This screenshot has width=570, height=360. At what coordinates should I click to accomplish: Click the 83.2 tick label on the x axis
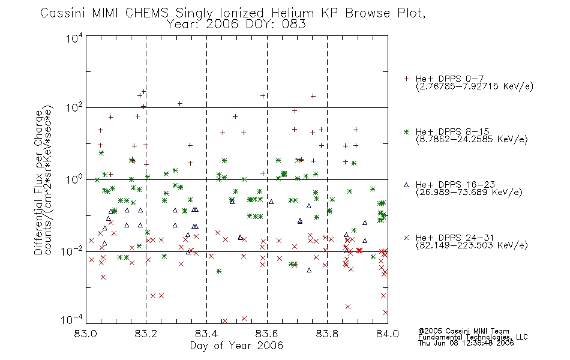tap(146, 334)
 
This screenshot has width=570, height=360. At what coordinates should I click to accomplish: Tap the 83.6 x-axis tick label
tap(267, 334)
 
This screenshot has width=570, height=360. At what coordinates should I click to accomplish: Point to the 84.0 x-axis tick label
tap(388, 334)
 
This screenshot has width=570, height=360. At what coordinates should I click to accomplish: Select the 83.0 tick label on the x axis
tap(86, 334)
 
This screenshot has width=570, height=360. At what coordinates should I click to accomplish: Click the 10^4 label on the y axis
tap(74, 38)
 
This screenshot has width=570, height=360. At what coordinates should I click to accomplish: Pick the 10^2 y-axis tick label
tap(74, 107)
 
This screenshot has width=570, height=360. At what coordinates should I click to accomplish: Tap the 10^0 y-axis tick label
tap(74, 179)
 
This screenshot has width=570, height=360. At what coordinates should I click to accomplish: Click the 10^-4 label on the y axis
tap(72, 320)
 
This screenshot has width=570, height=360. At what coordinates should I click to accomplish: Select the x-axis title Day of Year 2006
tap(236, 346)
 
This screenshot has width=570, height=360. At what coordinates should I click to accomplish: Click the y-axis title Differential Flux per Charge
tap(38, 182)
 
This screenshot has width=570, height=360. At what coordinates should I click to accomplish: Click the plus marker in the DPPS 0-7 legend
tap(407, 79)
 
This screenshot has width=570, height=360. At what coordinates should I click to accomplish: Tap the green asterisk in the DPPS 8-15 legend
tap(407, 131)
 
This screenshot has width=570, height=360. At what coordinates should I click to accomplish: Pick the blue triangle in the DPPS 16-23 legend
tap(407, 185)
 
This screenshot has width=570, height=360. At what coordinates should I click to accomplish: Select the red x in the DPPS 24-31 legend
tap(407, 238)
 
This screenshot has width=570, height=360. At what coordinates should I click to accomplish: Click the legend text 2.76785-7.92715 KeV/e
tap(475, 86)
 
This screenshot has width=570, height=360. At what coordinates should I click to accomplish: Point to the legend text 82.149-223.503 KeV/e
tap(472, 245)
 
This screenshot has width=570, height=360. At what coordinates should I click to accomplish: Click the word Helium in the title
tap(293, 13)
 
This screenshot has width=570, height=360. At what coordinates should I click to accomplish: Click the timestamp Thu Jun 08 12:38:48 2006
tap(466, 343)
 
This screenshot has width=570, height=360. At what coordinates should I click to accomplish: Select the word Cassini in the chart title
tap(63, 13)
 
